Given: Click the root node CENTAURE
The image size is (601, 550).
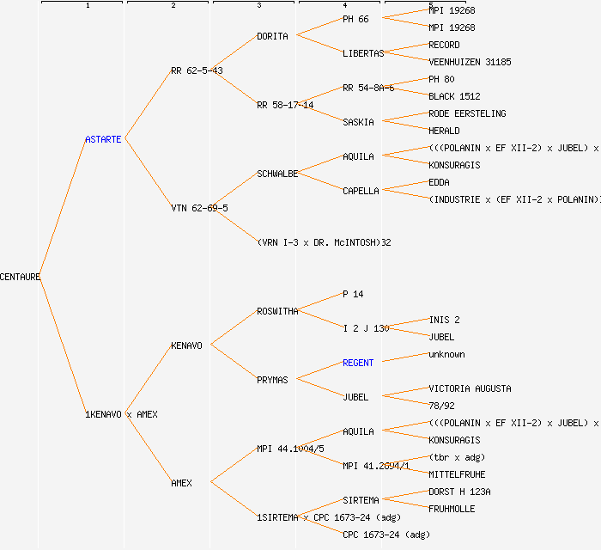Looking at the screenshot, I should point(21,277).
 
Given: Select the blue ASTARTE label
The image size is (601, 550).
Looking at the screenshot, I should point(104,139).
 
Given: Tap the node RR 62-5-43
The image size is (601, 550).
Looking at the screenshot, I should point(197,70).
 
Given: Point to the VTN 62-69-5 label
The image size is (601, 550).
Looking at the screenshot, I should point(199,208).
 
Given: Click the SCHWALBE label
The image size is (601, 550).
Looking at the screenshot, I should point(277,174).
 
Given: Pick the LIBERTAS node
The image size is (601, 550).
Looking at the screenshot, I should point(363,53).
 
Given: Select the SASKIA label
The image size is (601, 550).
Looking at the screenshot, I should point(358,122).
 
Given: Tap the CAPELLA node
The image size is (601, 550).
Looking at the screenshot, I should point(361,191).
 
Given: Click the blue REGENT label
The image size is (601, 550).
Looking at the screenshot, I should point(358,363).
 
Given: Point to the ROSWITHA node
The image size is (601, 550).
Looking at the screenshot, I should point(277,311).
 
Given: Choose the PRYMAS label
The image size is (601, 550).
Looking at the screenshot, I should point(272,380).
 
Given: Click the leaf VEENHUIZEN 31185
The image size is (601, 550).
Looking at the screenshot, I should point(470,62).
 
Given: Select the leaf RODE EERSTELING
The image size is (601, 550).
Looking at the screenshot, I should point(467,113).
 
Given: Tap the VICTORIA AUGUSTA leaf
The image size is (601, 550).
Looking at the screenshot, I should point(470,388).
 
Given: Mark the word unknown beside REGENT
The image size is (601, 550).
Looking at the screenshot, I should point(446,354).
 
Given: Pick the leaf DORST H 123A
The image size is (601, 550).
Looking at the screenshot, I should point(459,492).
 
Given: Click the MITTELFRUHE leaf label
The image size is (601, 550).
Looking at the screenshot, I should point(457,474).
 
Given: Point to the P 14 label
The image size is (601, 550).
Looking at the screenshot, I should point(353,294).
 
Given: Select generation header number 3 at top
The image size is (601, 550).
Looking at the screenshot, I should point(258,6).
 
